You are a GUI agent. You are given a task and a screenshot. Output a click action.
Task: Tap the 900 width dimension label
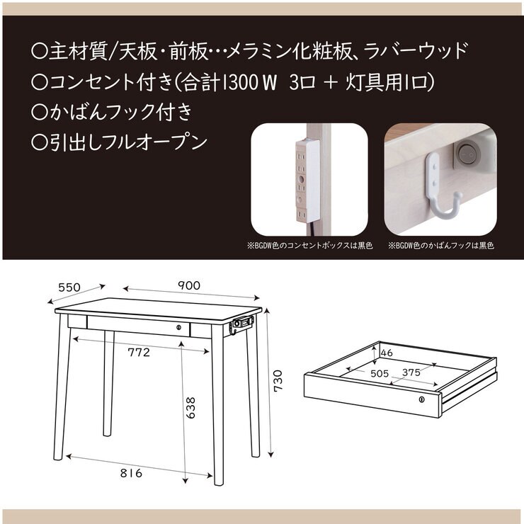click(x=189, y=285)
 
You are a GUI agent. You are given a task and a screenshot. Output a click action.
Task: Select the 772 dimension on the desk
click(x=139, y=352)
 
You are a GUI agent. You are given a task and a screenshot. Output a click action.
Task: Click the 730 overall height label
click(x=278, y=381)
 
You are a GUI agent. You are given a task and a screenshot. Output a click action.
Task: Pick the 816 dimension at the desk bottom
click(x=131, y=473)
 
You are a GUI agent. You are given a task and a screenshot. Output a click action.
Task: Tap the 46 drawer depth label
click(x=386, y=352)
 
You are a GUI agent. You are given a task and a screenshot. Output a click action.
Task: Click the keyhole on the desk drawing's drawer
click(x=179, y=328)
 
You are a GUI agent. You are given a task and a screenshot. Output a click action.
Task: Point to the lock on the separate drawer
click(x=421, y=401)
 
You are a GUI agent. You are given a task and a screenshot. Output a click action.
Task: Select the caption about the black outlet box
click(x=310, y=246)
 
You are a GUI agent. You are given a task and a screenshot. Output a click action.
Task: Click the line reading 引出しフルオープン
click(x=120, y=142)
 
